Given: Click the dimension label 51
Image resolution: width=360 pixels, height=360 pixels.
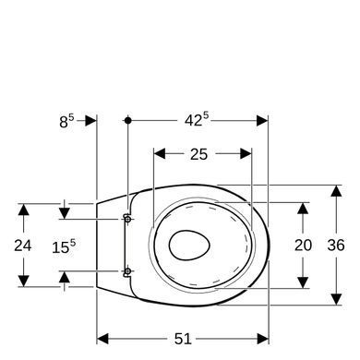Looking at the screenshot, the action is tap(183, 339).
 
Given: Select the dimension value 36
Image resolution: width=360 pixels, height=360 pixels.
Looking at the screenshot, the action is tap(336, 246).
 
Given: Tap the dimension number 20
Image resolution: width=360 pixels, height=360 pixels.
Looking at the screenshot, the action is tap(303, 246).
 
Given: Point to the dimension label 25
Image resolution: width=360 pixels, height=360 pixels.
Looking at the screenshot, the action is tap(198, 154).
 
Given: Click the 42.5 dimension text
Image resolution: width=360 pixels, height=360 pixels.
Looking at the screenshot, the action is tap(197, 119).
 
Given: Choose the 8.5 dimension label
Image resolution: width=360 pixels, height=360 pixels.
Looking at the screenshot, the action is tap(66, 121).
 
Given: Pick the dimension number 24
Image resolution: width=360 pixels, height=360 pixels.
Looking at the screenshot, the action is tap(23, 246).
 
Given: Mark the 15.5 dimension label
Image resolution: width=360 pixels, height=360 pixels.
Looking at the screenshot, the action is tap(64, 246).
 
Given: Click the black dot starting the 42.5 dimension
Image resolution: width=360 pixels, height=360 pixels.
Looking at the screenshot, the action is tap(128, 120).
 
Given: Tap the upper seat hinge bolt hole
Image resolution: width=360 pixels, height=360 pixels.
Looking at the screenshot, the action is tap(127, 219).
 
